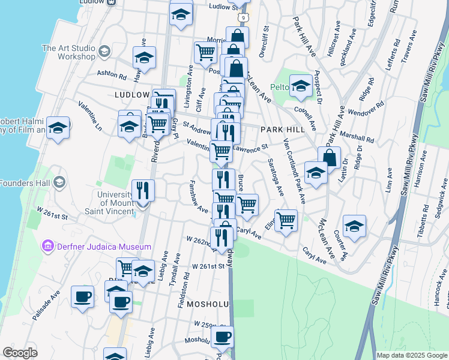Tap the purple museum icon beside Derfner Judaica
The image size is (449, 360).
(47, 246)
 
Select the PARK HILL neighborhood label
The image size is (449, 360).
(280, 130)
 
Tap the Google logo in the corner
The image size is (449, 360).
(20, 353)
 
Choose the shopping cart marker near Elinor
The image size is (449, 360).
(286, 219)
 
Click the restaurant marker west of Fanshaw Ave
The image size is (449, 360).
(143, 190)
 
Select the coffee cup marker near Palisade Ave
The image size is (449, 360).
(83, 295)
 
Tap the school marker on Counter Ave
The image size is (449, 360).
(354, 226)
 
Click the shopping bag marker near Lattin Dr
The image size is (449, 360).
(330, 157)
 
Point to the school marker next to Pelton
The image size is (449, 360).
(300, 85)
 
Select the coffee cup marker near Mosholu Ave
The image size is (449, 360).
(222, 337)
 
